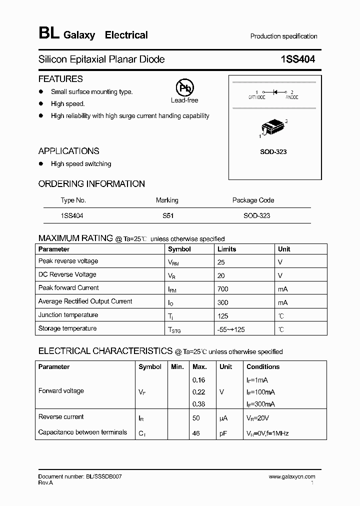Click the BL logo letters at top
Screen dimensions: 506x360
(49, 33)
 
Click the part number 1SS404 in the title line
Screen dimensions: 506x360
(298, 59)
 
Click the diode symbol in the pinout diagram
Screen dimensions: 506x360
(274, 92)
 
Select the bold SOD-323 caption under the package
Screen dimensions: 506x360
(273, 151)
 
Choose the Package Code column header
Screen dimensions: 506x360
(253, 200)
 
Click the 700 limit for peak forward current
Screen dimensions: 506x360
(223, 288)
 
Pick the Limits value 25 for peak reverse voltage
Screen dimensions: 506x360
(221, 261)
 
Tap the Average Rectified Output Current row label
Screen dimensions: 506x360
(85, 301)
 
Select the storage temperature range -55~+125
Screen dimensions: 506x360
(231, 329)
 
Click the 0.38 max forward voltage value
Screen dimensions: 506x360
(198, 404)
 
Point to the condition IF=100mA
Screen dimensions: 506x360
(260, 392)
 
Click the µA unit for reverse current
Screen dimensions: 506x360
(223, 417)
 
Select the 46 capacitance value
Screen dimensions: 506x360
(196, 433)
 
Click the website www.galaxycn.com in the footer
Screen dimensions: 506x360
(291, 477)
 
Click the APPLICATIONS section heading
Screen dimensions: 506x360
(68, 151)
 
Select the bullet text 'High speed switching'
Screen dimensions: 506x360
(81, 164)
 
